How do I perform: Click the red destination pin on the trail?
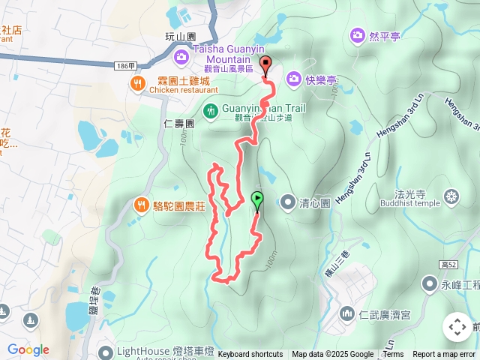[x=265, y=64]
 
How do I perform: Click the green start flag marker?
[x=257, y=200]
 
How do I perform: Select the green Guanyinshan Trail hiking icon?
[x=211, y=110]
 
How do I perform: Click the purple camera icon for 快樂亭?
[x=293, y=78]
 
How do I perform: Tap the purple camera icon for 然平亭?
[x=356, y=35]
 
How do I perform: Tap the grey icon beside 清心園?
[x=289, y=201]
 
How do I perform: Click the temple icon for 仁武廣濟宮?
[x=346, y=313]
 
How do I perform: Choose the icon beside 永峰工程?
[x=429, y=283]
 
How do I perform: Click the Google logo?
[x=28, y=350]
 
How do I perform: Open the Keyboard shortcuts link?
[x=250, y=355]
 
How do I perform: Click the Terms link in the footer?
[x=393, y=355]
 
